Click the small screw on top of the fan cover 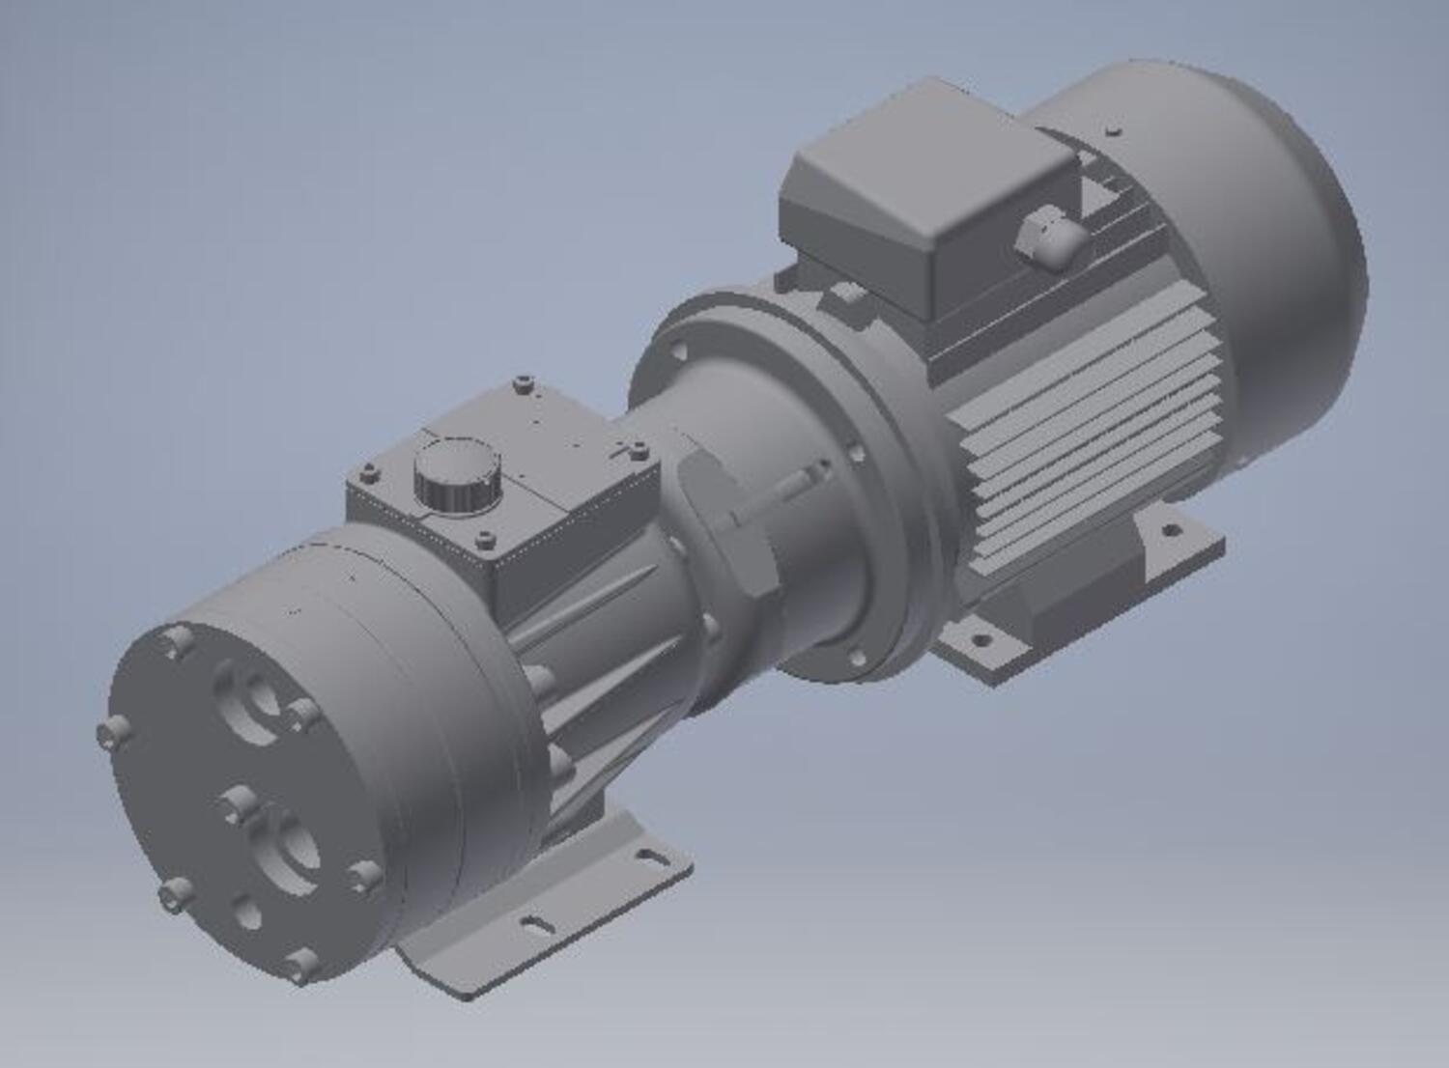1116,128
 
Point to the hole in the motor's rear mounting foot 1171,529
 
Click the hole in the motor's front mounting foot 981,638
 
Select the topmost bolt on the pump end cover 177,639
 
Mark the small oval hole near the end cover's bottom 247,911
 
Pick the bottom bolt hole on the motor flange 856,659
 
